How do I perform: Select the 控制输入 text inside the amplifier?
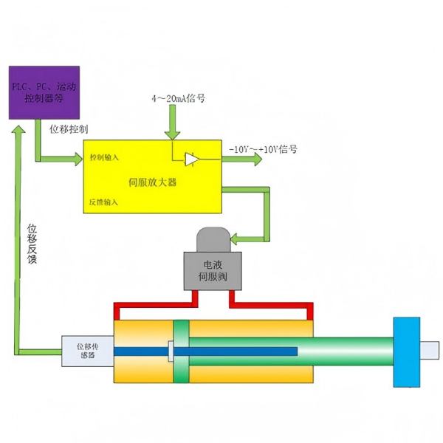click(104, 157)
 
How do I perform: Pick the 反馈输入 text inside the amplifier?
click(104, 201)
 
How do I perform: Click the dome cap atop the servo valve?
click(213, 238)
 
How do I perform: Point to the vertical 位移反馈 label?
click(32, 243)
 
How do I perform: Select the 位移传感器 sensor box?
click(87, 350)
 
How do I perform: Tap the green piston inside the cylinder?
click(182, 351)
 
